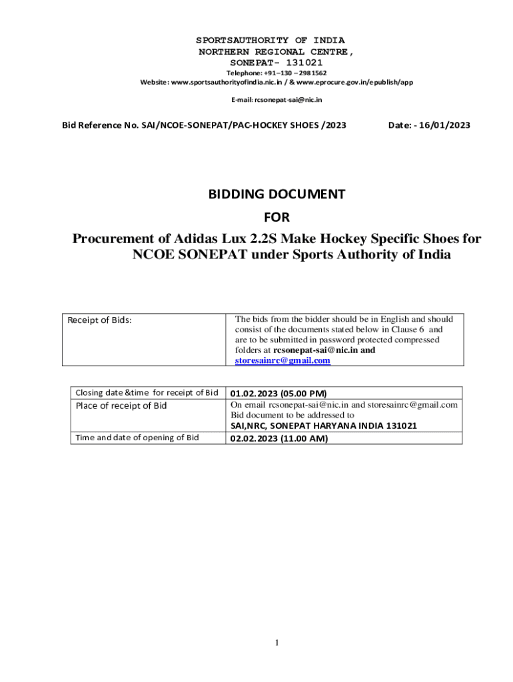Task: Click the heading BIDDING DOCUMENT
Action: pyautogui.click(x=276, y=194)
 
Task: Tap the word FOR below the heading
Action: pyautogui.click(x=276, y=217)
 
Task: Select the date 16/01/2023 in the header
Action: pyautogui.click(x=444, y=125)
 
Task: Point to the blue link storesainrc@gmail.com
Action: pyautogui.click(x=282, y=360)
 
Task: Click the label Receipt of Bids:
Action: pyautogui.click(x=100, y=320)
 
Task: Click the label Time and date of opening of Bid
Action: pyautogui.click(x=137, y=438)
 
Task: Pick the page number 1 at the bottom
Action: pyautogui.click(x=276, y=642)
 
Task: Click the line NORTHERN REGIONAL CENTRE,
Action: pyautogui.click(x=276, y=51)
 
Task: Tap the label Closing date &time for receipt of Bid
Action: pyautogui.click(x=147, y=392)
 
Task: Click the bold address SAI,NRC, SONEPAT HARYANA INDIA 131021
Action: pyautogui.click(x=324, y=426)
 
